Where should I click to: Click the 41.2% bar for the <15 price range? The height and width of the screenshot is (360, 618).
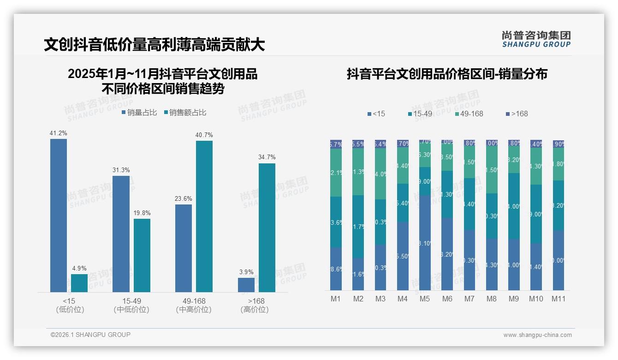coord(59,215)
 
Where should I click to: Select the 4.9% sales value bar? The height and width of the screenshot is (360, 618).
coord(79,283)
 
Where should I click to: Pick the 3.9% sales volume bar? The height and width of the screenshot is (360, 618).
coord(246,285)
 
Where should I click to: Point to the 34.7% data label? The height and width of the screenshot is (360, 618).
coord(267,157)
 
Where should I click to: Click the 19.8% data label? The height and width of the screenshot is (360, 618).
coord(142,213)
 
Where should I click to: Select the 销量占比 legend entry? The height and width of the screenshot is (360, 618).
coord(139,113)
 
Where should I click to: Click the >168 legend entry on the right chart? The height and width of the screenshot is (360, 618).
coord(517,114)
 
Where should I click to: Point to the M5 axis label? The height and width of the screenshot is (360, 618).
coord(425,299)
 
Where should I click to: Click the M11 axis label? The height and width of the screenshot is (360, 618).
coord(559,299)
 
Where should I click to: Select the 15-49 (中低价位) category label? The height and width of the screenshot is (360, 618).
coord(131,305)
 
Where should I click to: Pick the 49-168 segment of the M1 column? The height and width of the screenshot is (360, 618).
coord(336,173)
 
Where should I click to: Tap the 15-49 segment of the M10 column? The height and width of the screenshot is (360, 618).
coord(536,214)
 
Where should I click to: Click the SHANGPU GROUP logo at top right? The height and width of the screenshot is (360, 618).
coord(536,39)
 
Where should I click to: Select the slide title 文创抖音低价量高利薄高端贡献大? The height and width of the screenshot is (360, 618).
coord(154,45)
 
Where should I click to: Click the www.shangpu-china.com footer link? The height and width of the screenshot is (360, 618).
coord(537,335)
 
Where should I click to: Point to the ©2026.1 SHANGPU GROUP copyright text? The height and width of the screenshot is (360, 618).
coord(90,335)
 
